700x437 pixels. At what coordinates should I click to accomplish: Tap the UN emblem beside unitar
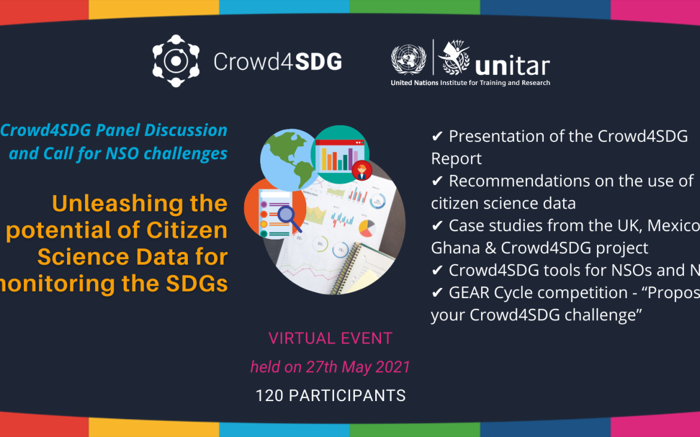coord(409,60)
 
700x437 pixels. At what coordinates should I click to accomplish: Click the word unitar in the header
coord(512,66)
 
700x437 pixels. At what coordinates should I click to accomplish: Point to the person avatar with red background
coord(361,171)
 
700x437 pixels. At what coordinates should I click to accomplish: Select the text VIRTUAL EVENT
coord(330,338)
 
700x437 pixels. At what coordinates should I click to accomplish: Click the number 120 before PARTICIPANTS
coord(268,396)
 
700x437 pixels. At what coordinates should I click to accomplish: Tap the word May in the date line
coord(358,367)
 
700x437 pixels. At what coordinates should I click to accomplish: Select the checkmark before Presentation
coord(437,136)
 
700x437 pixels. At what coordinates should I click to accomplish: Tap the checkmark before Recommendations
coord(437,181)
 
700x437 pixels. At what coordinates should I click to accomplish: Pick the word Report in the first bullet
coord(456,159)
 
